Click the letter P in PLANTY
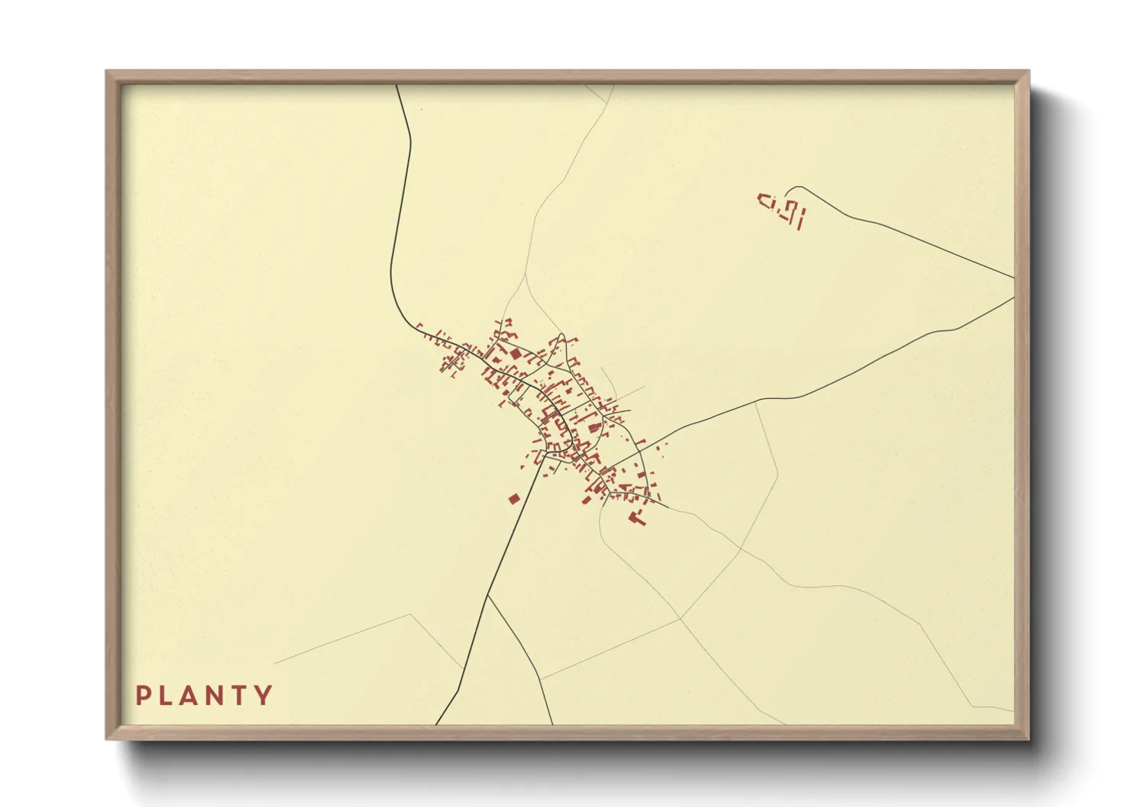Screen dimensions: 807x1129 point(143,696)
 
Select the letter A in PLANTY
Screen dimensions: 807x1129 point(192,696)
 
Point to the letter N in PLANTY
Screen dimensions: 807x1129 point(217,696)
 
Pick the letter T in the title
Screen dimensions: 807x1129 point(241,696)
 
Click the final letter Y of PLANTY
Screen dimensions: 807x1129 point(265,696)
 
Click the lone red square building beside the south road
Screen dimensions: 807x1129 point(514,499)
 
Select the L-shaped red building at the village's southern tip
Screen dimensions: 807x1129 point(635,519)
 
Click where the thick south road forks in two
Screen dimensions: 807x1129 point(487,595)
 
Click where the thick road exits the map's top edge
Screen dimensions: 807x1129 point(397,85)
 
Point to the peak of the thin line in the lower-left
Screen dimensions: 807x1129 point(410,614)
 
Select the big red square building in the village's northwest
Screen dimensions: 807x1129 point(516,354)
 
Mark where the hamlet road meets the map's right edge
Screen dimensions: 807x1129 point(1014,278)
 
